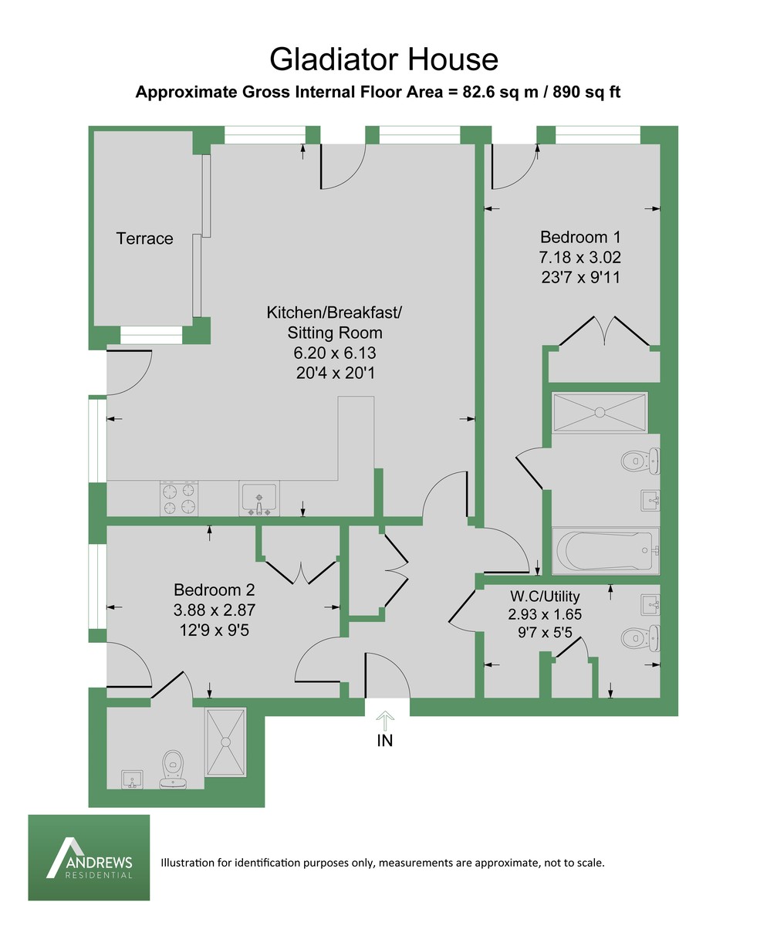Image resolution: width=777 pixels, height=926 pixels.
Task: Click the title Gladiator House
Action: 383,59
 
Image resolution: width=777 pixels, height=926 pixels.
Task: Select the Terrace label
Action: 145,239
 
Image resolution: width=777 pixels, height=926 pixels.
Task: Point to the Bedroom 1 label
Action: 580,238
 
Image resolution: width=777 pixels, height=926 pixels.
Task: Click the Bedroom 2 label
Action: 214,590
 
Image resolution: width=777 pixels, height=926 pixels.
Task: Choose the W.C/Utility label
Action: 545,596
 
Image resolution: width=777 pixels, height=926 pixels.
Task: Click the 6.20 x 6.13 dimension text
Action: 334,353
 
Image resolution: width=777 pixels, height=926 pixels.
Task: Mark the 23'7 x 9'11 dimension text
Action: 580,276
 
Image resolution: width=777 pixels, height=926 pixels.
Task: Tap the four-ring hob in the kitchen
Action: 179,498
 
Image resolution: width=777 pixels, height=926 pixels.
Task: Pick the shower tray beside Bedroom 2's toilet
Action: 225,742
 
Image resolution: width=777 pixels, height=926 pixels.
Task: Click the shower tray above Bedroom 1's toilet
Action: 600,411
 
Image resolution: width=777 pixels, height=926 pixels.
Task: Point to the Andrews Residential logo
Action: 89,857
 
